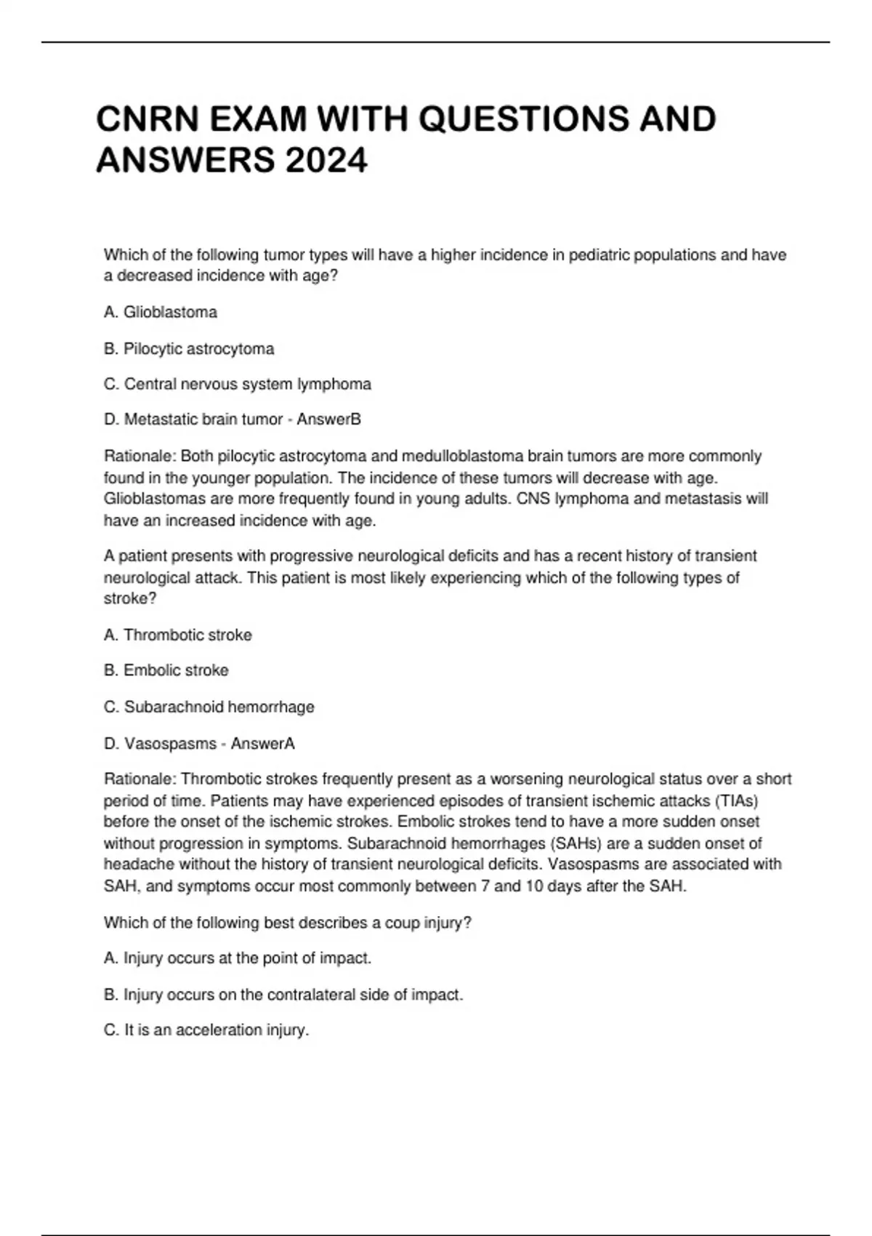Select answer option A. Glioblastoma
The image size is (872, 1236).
click(161, 313)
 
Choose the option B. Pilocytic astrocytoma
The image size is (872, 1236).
click(189, 349)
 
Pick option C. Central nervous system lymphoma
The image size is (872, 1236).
click(238, 384)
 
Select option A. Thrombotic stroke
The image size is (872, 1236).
click(178, 635)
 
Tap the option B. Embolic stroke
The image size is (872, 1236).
click(166, 670)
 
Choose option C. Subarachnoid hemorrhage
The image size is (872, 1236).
click(209, 707)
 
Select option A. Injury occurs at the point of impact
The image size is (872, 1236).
click(238, 958)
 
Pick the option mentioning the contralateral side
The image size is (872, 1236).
click(283, 995)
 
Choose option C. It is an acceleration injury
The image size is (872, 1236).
click(206, 1030)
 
